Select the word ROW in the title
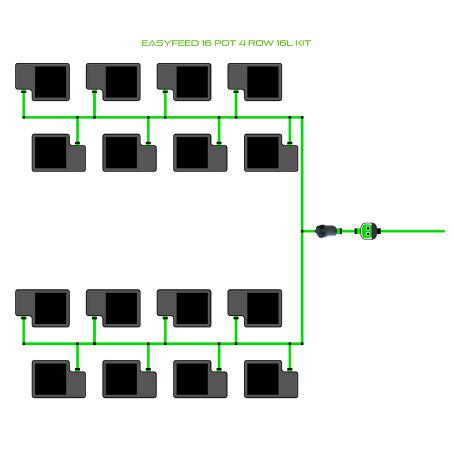coord(262,43)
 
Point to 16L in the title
coord(287,43)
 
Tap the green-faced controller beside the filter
coord(367,230)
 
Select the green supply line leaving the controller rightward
coord(414,230)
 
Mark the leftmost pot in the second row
coord(59,153)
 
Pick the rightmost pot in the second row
coord(271,153)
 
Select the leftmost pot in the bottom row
coord(59,379)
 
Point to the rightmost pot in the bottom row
coord(271,379)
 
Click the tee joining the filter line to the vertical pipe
coord(302,230)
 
